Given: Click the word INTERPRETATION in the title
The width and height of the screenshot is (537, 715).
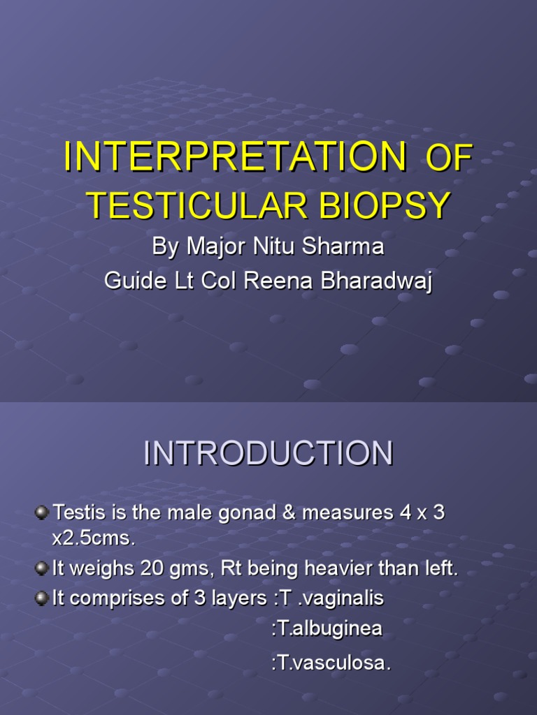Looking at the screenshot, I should point(234,156).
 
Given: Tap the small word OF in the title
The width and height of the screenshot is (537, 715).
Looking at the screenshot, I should point(449,159).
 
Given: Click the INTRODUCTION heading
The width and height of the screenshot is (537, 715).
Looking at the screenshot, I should point(268,454).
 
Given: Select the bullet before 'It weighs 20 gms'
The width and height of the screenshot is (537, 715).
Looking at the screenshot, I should point(43,569).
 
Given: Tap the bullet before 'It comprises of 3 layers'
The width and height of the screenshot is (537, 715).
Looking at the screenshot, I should point(43,598).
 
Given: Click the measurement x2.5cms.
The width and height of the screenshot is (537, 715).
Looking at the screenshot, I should point(92,540).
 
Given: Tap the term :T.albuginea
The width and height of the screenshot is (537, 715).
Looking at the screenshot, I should point(326,628).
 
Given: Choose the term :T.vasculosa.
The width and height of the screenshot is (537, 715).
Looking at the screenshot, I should point(330,663).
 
